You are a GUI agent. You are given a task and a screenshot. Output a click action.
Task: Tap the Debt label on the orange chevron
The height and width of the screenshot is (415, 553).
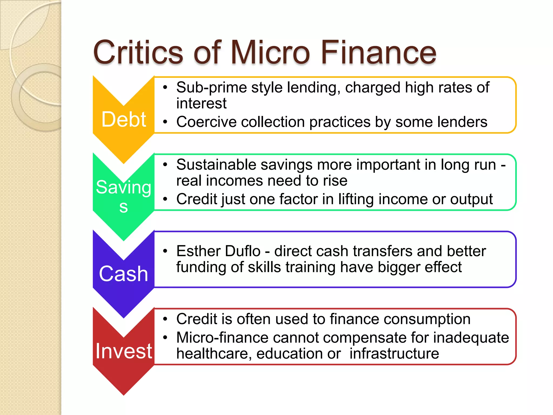(x=124, y=119)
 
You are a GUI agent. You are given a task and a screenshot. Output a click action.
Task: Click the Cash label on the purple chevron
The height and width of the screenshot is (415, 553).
(x=124, y=274)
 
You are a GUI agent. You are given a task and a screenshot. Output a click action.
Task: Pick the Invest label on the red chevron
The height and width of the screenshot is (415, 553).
(x=124, y=351)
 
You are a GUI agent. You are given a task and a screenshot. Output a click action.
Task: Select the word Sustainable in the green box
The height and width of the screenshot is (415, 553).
(x=216, y=165)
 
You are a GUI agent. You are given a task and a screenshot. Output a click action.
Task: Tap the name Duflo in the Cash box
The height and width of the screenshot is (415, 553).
(x=242, y=251)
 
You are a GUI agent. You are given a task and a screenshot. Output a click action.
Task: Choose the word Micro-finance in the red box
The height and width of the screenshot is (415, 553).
(x=222, y=338)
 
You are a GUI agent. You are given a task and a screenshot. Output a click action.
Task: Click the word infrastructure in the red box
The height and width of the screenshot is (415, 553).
(x=394, y=354)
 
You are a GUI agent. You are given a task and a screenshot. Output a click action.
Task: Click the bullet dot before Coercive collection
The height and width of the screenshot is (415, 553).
(x=165, y=122)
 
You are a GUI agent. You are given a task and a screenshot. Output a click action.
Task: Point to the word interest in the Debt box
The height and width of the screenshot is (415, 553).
(x=201, y=103)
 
